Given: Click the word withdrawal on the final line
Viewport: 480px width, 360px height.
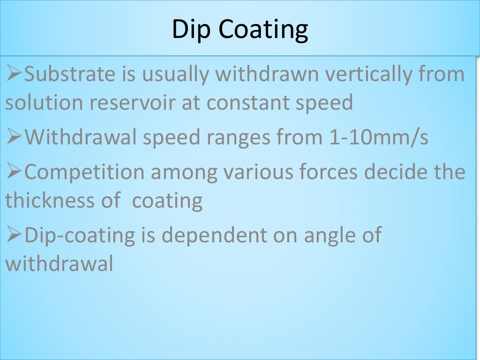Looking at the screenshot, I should tap(60, 264).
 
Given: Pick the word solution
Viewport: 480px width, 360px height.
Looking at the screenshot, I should tap(44, 103).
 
